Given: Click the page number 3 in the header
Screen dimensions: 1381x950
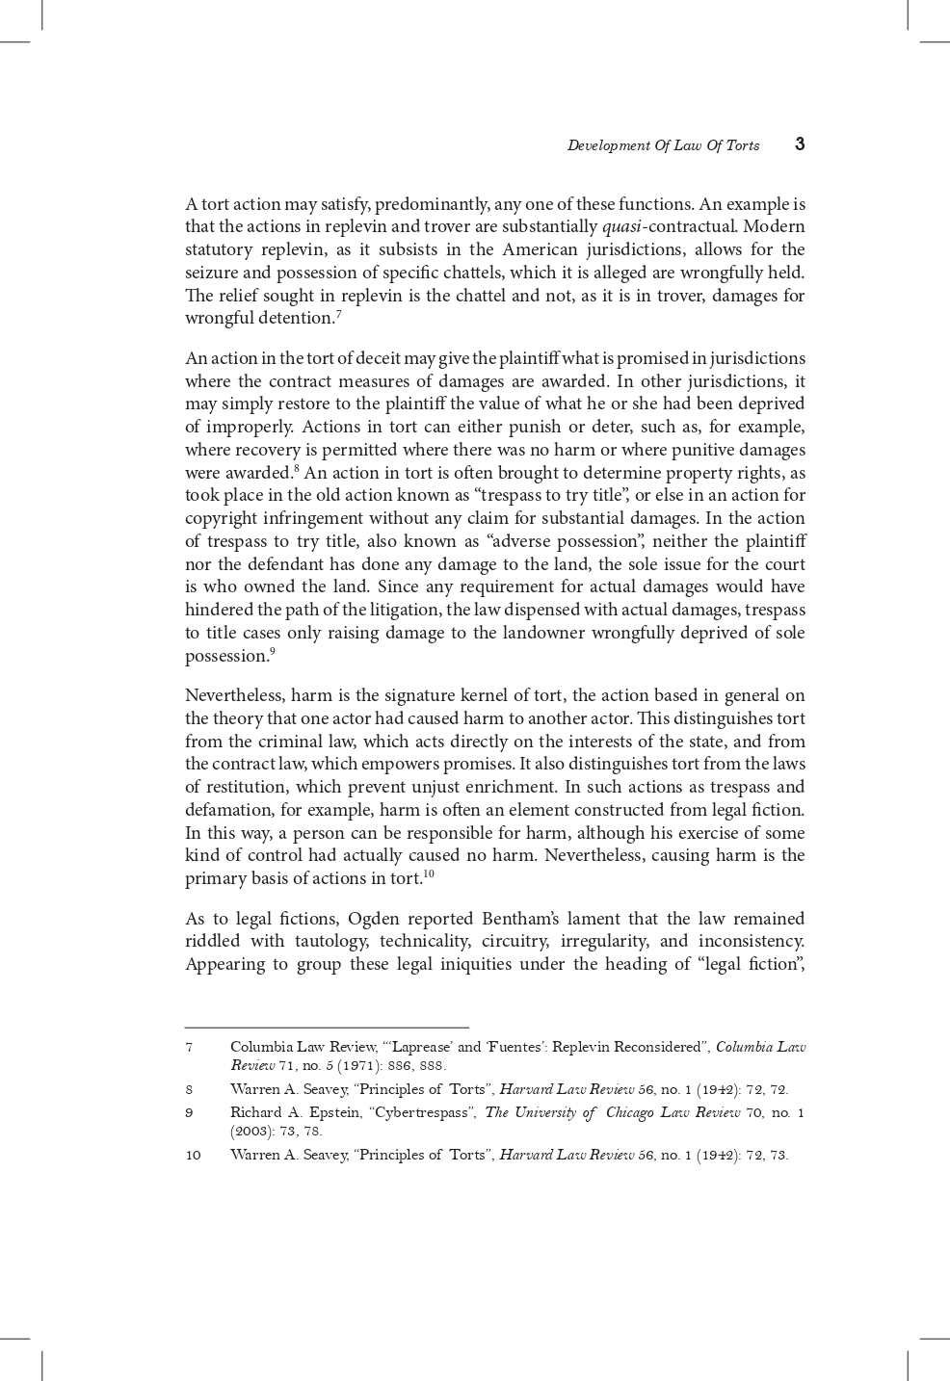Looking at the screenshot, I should click(800, 144).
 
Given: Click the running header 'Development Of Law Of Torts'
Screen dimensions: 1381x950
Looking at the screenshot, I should click(663, 145).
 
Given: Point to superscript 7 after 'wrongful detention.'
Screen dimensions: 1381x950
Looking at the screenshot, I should click(339, 313).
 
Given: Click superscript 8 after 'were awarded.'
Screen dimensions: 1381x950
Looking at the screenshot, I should click(297, 468).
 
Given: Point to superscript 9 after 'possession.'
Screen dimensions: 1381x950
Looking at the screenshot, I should click(273, 651).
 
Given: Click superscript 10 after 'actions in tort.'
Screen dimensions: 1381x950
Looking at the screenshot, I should click(429, 873).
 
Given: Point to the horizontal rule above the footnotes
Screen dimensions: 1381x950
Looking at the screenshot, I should click(327, 1028).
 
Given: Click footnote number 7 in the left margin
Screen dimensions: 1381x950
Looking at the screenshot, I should click(189, 1047).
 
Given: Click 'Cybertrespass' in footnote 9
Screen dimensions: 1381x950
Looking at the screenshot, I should click(420, 1112).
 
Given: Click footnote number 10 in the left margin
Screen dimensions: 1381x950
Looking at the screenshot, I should click(194, 1155).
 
